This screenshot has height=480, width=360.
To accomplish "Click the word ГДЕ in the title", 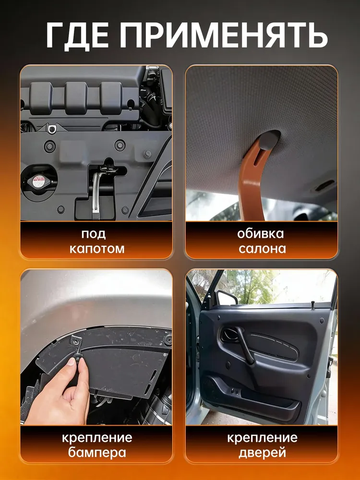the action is click(x=77, y=34).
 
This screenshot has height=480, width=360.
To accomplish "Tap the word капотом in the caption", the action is click(x=97, y=249).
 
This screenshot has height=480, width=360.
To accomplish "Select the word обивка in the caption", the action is click(x=261, y=234).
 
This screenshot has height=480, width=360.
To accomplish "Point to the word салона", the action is click(x=262, y=248).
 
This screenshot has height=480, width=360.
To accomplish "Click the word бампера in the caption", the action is click(x=97, y=452).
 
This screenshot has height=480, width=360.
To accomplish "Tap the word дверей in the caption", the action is click(x=262, y=452).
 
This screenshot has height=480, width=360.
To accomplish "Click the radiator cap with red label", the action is click(x=39, y=181).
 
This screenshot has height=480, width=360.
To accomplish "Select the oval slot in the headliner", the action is click(x=324, y=185).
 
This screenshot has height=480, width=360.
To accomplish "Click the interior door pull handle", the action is click(x=245, y=346).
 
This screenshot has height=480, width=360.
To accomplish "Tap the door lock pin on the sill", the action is click(x=313, y=305).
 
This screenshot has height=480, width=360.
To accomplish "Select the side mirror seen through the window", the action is click(x=227, y=297).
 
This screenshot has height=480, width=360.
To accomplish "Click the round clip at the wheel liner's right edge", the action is click(x=168, y=339).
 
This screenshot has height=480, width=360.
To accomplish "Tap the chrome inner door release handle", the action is click(x=229, y=335).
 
